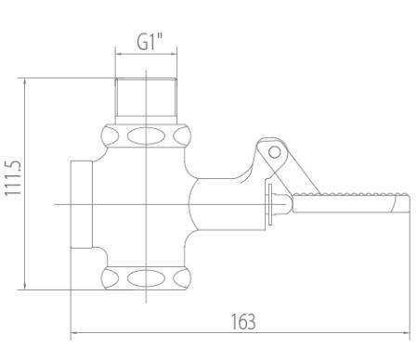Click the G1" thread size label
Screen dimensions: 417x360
[x=150, y=42]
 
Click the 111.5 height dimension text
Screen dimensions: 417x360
[x=13, y=178]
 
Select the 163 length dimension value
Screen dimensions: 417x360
[x=243, y=322]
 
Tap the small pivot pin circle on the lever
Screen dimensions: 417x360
[x=274, y=152]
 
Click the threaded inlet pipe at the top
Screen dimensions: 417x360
[x=146, y=96]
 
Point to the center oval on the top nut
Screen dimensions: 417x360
[x=146, y=136]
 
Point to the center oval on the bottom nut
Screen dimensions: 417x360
[x=146, y=278]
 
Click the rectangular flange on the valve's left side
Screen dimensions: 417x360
[x=82, y=204]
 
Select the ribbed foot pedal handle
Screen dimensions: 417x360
[x=351, y=203]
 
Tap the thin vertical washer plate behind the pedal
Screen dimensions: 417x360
[x=270, y=204]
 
